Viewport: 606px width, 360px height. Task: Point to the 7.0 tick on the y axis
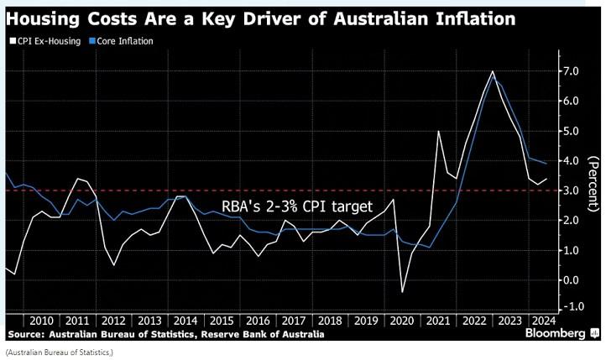[x=573, y=71]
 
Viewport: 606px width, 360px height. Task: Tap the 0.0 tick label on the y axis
[x=573, y=279]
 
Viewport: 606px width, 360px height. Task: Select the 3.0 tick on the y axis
[x=573, y=190]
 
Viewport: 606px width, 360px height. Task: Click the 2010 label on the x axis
[x=43, y=321]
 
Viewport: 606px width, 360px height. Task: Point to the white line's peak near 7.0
[x=492, y=72]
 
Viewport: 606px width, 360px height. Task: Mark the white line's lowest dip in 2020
[x=402, y=292]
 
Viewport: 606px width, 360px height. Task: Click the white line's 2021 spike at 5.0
[x=438, y=131]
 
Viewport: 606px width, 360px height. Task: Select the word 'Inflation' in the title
[x=468, y=17]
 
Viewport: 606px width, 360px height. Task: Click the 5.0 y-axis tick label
[x=573, y=131]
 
